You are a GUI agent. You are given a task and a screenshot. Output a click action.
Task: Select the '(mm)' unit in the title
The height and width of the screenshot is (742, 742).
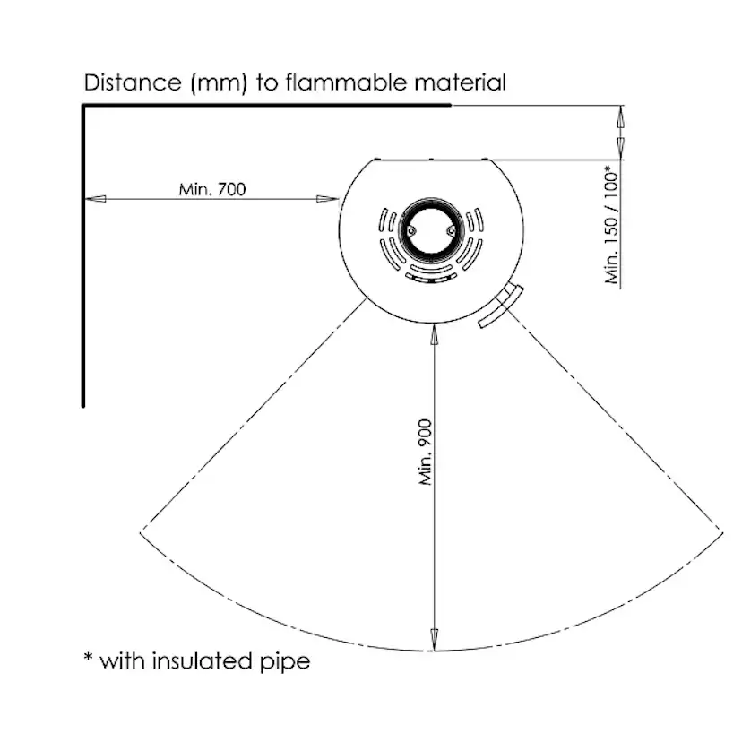coord(215,84)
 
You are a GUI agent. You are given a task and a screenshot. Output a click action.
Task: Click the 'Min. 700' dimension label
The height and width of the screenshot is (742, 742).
coord(211,189)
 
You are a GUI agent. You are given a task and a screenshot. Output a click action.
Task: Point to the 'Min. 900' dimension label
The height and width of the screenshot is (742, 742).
coord(426,453)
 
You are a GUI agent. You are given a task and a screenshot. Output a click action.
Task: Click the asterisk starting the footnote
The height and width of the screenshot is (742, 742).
coord(88,659)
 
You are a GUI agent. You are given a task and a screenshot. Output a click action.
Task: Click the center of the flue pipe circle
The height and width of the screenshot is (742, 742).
coord(432,229)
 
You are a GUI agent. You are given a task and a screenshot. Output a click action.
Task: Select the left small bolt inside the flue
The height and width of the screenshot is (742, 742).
coord(412,229)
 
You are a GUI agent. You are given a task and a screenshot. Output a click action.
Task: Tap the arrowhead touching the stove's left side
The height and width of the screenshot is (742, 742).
coord(332,199)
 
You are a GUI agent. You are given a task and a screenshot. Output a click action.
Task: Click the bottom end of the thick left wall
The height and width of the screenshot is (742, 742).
coord(83,403)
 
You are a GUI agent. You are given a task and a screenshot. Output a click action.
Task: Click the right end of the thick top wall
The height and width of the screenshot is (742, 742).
coord(450,106)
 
